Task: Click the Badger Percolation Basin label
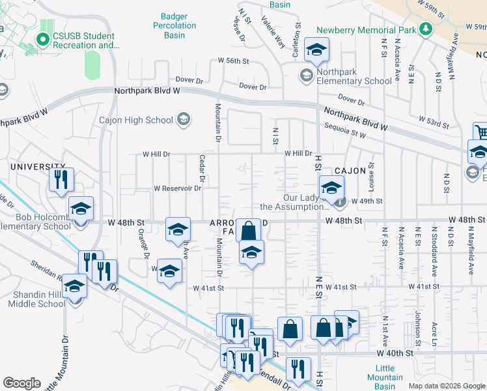178,25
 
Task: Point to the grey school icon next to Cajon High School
184,119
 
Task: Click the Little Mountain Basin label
385,373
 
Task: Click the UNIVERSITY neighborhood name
33,167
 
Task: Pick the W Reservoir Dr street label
177,188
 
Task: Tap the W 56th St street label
234,61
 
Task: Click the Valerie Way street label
273,32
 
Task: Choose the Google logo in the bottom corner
22,383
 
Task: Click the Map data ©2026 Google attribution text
446,386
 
